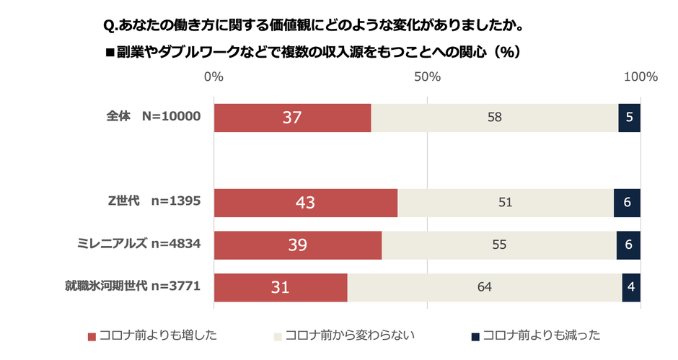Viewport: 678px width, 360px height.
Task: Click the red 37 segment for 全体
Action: [x=292, y=118]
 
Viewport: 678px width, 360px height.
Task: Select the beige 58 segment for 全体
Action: [x=494, y=118]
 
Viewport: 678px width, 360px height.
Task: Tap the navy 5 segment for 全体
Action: [x=630, y=118]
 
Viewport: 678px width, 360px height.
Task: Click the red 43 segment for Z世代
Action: [x=305, y=203]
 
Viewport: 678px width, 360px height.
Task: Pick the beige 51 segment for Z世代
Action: [x=505, y=203]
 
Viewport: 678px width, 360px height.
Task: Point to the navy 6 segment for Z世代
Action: [x=628, y=203]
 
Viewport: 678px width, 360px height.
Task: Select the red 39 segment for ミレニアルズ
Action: [x=298, y=245]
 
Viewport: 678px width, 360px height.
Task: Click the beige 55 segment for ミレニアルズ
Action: [x=498, y=245]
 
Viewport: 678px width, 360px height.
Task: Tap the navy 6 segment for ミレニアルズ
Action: [x=629, y=245]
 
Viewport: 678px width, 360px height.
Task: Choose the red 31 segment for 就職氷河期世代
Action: [x=281, y=287]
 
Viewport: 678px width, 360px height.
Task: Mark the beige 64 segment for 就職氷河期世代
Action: [x=485, y=287]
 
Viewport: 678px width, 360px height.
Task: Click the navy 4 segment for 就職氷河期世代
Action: [x=631, y=287]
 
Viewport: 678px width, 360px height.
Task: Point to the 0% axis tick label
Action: [x=213, y=76]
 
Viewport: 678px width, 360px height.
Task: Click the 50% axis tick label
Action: [x=427, y=76]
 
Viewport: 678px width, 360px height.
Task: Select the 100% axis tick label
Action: [x=640, y=76]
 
